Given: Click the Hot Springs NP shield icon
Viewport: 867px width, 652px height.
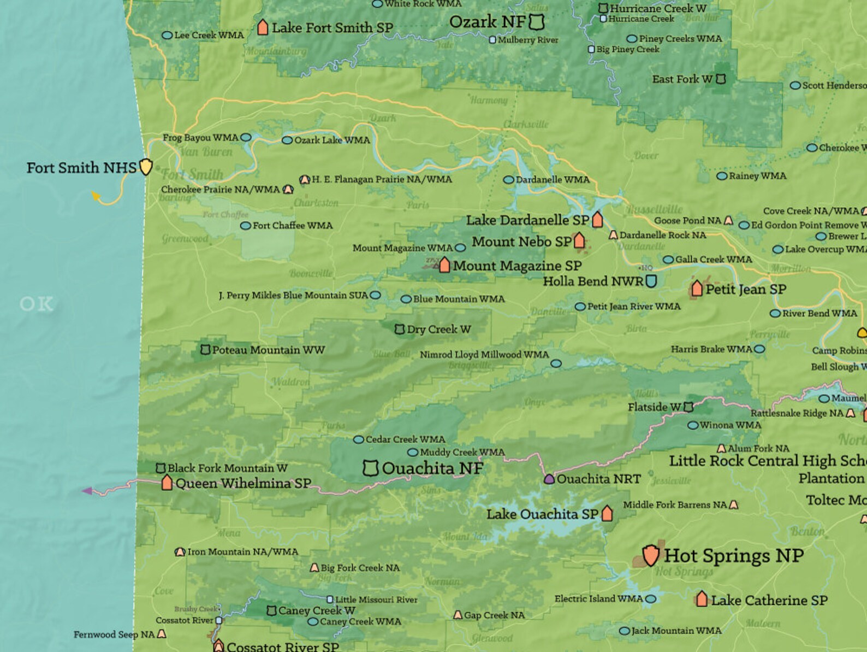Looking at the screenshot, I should coord(650,555).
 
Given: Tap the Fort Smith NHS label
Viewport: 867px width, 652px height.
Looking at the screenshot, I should coord(81,168).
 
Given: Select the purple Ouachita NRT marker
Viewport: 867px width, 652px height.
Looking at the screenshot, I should coord(549,479).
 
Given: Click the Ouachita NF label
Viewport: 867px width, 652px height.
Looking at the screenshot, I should coord(432,468).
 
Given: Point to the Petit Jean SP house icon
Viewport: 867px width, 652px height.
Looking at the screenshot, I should coord(697,288).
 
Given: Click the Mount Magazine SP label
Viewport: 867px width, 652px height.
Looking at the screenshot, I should coord(517,266).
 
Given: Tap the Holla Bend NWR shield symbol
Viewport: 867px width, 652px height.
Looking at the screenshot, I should coord(651,281).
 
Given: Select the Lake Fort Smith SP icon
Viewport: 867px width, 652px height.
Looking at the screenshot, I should coord(263,27).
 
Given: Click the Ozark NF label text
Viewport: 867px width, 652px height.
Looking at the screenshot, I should coord(488,22).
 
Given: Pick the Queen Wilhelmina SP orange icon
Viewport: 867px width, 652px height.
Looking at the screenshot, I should coord(167,483).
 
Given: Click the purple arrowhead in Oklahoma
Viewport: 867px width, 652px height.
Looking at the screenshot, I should coord(87,491).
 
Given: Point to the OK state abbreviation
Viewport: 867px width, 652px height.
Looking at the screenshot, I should coord(37,304).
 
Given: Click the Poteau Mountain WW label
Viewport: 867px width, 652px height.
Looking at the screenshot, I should coord(268,350).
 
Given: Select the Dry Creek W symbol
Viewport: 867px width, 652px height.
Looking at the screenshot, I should coord(400,329).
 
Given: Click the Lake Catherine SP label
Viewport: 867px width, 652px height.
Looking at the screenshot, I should coord(769,600).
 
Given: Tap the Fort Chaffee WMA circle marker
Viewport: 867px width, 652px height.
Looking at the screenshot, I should coord(246,225).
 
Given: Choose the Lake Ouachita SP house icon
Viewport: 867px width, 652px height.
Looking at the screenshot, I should coord(607,514).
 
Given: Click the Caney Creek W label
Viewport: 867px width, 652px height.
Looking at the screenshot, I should coord(317,610).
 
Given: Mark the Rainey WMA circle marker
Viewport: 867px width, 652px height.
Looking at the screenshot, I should coord(722,176).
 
